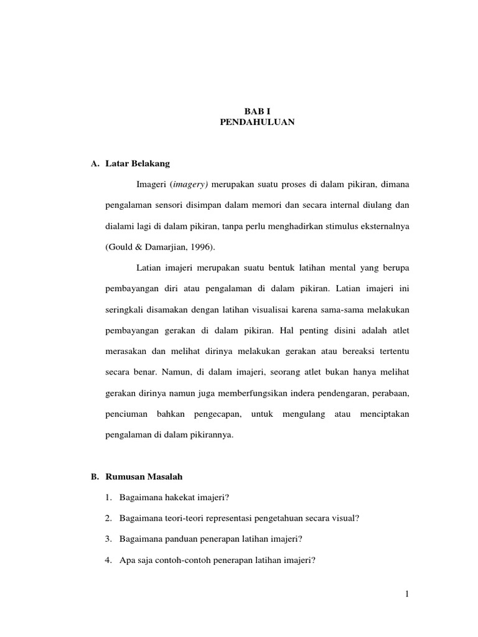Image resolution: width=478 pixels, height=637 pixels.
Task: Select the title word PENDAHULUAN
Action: point(257,123)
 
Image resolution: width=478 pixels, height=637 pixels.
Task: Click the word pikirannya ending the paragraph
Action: point(209,435)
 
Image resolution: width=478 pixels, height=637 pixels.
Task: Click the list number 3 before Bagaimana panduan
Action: point(108,539)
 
